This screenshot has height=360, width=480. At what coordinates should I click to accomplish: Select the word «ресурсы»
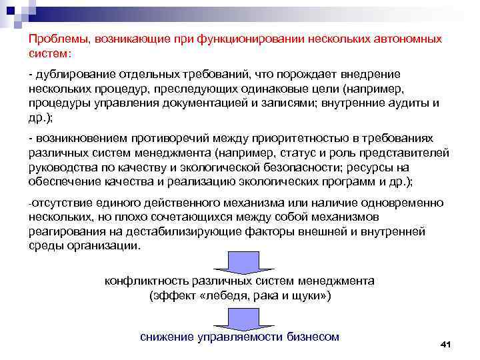coord(374,167)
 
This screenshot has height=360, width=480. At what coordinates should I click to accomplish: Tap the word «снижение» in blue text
coord(167,336)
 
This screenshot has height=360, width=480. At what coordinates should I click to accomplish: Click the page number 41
coord(446,344)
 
